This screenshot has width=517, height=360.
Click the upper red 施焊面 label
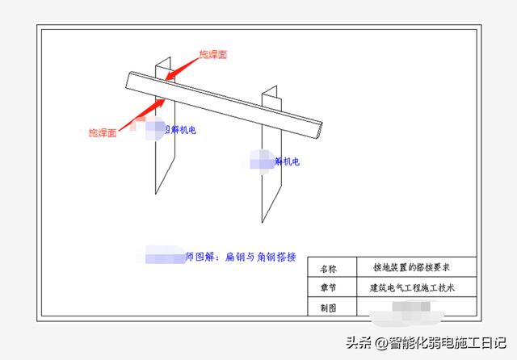coord(213,55)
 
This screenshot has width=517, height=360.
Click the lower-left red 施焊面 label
coord(103,132)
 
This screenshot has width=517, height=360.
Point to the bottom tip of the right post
coord(263,222)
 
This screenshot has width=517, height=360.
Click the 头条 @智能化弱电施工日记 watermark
coord(426,343)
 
